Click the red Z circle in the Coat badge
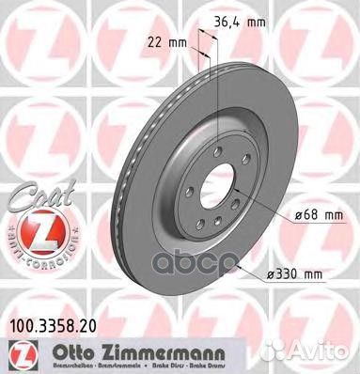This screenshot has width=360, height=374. [x=31, y=226]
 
